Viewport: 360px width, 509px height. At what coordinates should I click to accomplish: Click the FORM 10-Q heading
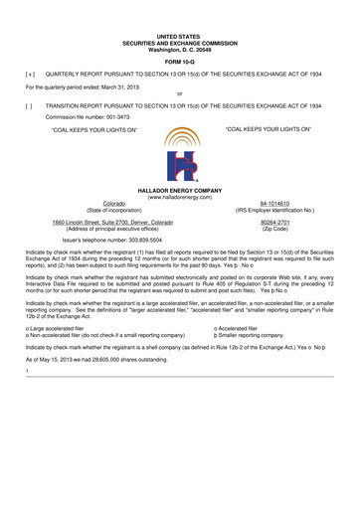coord(179,61)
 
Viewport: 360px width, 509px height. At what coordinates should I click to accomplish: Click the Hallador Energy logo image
coord(179,150)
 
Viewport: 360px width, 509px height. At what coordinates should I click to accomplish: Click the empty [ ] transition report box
coord(30,104)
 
